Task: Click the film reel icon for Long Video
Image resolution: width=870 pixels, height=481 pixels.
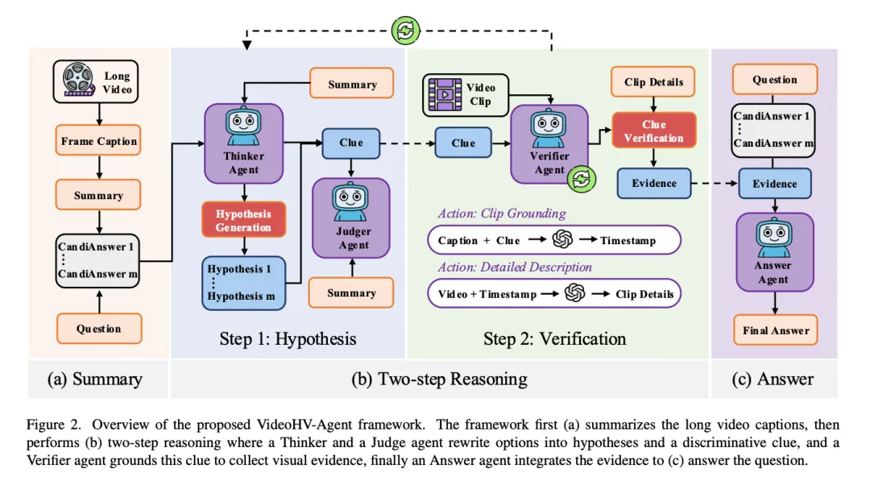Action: click(x=79, y=81)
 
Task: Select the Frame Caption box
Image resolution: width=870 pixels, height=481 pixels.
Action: click(x=99, y=142)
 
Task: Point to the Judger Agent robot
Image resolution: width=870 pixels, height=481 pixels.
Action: click(x=351, y=198)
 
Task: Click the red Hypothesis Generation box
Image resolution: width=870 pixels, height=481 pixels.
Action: click(x=242, y=221)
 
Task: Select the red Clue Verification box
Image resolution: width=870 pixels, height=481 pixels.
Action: click(x=653, y=131)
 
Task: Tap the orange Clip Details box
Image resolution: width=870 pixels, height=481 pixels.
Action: click(x=653, y=82)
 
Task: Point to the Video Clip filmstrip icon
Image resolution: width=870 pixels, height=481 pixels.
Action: click(x=444, y=93)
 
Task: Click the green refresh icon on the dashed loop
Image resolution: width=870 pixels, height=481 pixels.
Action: click(x=406, y=31)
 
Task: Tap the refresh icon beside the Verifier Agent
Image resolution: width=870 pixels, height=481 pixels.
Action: click(x=579, y=179)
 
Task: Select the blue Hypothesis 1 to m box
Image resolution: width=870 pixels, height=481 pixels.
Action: click(x=242, y=281)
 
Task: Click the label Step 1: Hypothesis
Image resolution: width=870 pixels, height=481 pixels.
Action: click(x=288, y=338)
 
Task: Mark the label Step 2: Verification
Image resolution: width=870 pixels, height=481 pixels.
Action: click(x=555, y=338)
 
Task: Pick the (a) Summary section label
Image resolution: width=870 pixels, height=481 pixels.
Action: click(x=95, y=379)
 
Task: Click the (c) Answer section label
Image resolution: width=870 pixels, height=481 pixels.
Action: click(x=773, y=379)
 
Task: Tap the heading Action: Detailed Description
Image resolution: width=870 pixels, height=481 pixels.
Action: click(x=515, y=267)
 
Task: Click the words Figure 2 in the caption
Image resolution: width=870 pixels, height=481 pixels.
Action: click(x=52, y=425)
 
